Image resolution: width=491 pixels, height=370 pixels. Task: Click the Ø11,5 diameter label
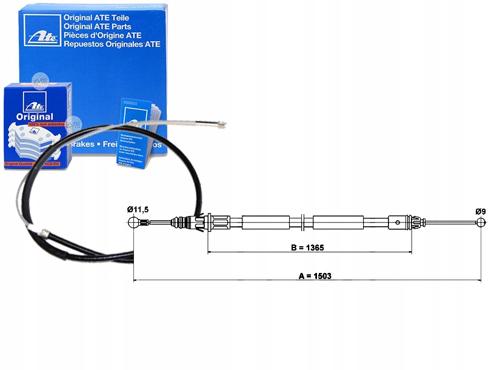click(x=138, y=209)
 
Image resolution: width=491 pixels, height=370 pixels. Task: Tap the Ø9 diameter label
click(x=480, y=211)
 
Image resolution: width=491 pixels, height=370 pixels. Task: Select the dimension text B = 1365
click(x=309, y=247)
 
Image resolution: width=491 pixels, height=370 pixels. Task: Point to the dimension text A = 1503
click(x=315, y=276)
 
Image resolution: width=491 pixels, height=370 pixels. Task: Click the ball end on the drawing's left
click(x=135, y=223)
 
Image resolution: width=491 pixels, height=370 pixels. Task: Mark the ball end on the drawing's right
click(x=480, y=222)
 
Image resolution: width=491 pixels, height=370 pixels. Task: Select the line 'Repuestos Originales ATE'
click(x=112, y=44)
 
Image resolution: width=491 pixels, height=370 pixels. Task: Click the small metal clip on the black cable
click(x=44, y=232)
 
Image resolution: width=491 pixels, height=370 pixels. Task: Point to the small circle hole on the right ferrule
click(x=397, y=223)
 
